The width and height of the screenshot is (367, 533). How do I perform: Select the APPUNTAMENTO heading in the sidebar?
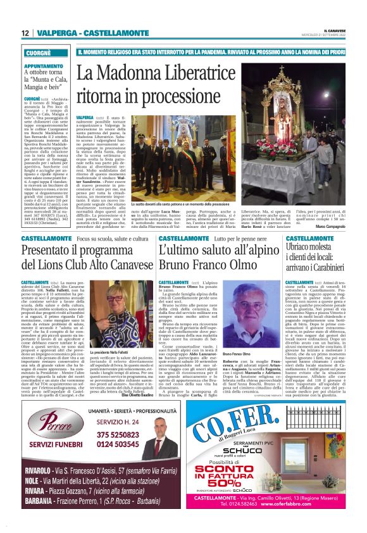point(44,66)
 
